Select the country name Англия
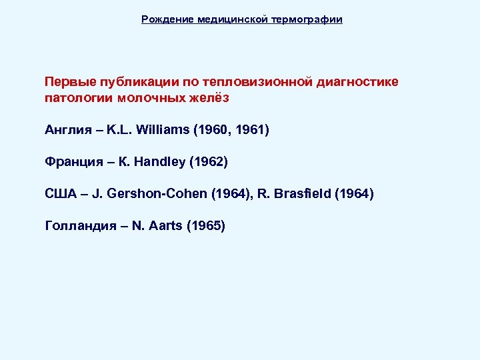click(x=66, y=129)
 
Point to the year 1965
click(x=207, y=226)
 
